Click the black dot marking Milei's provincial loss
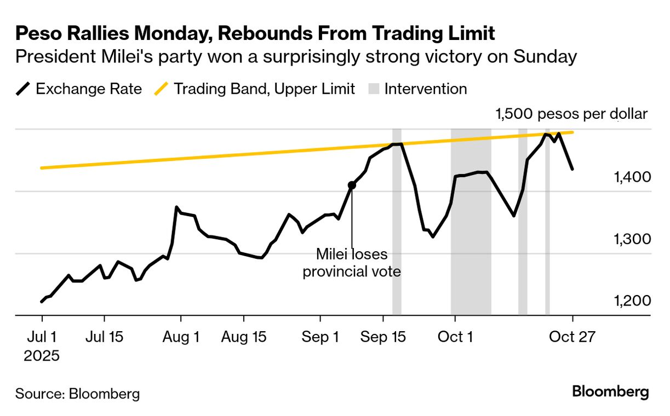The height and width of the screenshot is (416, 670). coord(352,185)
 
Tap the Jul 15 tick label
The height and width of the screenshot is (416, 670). coord(104,337)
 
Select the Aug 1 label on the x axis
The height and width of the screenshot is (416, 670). coord(181,337)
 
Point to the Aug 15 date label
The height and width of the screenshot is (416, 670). coord(244,337)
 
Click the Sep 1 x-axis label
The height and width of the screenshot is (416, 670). coord(320,337)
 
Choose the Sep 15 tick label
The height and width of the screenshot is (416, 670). coord(383,337)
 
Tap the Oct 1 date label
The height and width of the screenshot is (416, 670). coord(455,337)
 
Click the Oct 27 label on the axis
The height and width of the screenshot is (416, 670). coord(572,337)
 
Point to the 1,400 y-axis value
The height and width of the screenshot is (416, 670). coord(632,177)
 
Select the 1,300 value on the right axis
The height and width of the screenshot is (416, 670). coord(632,239)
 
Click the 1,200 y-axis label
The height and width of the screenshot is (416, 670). coord(632,301)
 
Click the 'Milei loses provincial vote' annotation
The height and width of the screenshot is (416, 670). coord(352,263)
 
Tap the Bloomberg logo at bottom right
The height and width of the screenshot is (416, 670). coord(610,392)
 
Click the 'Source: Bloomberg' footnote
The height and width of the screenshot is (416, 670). coord(77,393)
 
